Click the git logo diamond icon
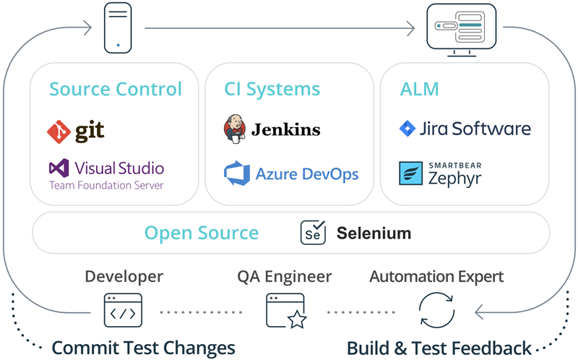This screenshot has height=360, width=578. point(58,131)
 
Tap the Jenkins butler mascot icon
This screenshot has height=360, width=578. point(234,129)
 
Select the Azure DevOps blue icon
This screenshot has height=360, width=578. point(236,174)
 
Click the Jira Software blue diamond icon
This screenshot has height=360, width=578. point(407,129)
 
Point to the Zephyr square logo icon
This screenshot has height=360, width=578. point(411,173)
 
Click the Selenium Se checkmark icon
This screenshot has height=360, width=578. point(313,233)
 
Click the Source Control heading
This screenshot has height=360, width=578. point(116,89)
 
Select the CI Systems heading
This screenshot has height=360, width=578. point(272,89)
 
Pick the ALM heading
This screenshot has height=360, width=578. point(420,89)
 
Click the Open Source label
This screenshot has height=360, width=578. point(202,233)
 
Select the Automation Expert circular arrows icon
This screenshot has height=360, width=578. point(437,310)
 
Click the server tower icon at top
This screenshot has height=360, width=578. point(118,28)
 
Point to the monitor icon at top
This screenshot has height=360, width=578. point(461,28)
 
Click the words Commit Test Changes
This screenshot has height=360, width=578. point(144,347)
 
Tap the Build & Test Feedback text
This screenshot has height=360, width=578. point(439,347)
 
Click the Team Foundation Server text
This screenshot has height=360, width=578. point(106,185)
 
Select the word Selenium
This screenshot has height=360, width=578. point(374,233)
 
